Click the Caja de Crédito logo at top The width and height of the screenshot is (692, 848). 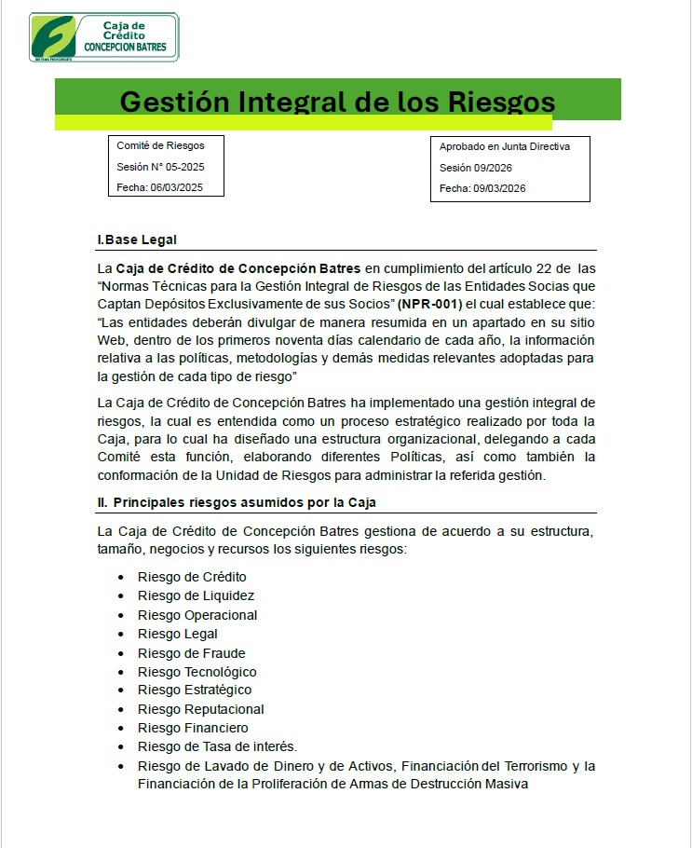point(103,37)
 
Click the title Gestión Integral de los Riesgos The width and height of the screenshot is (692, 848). point(337,102)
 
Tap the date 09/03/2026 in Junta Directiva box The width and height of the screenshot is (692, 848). point(499,188)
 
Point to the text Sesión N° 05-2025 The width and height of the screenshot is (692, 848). point(160,167)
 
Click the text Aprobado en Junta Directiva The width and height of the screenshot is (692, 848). point(504,146)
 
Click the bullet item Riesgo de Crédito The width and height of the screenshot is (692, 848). point(192,577)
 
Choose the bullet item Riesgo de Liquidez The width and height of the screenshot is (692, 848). point(196,595)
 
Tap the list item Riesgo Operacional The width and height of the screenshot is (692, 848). point(197,615)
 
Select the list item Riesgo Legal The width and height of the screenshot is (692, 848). point(178,634)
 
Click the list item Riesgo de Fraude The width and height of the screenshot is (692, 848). point(192,653)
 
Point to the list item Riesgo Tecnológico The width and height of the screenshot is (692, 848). point(197,672)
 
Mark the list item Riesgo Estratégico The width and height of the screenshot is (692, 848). point(195,691)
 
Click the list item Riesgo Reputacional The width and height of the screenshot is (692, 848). point(201,709)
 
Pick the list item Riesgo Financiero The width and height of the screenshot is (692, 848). point(193,728)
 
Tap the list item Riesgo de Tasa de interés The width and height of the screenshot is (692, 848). point(217,746)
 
